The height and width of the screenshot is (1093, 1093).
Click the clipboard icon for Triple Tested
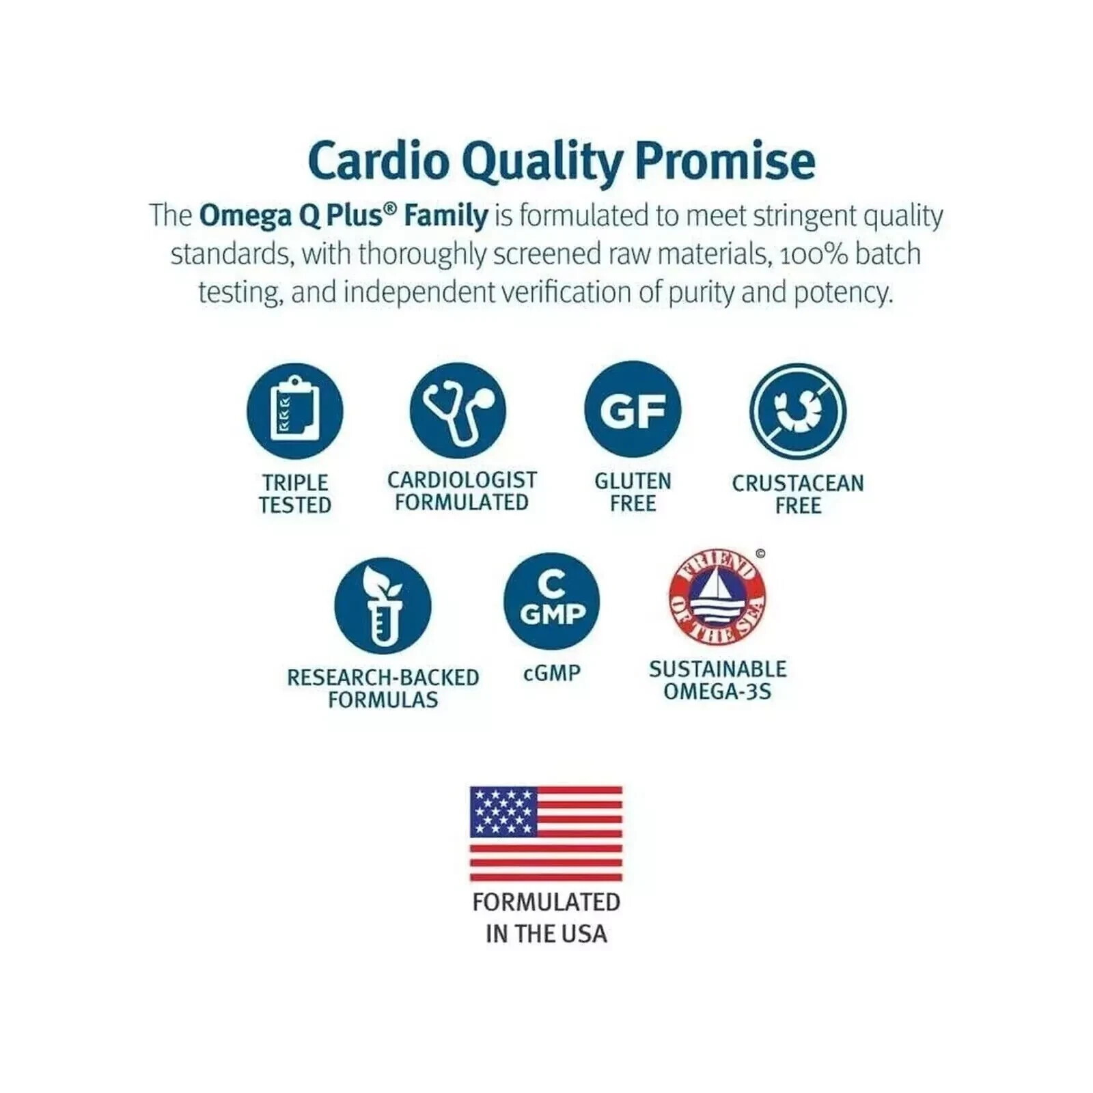pos(294,411)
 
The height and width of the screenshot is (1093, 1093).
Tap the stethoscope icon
pos(458,411)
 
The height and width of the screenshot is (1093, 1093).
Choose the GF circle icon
pos(633,410)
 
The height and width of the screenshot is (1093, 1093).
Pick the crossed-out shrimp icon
pos(797,411)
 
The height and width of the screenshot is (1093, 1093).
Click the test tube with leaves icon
pos(383,606)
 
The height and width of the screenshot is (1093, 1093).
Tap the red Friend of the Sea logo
pos(717,599)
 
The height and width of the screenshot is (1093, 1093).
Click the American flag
pos(546,833)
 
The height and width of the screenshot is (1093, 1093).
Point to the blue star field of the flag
pos(503,812)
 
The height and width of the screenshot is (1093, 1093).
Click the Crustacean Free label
pos(798,494)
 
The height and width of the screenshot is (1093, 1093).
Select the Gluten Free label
pos(633,492)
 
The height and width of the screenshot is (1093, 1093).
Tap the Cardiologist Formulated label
pos(462,490)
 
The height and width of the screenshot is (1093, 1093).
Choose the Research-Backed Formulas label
pos(383,688)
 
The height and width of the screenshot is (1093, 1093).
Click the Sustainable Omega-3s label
pos(717,680)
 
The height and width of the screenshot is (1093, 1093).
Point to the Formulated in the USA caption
pos(546,917)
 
